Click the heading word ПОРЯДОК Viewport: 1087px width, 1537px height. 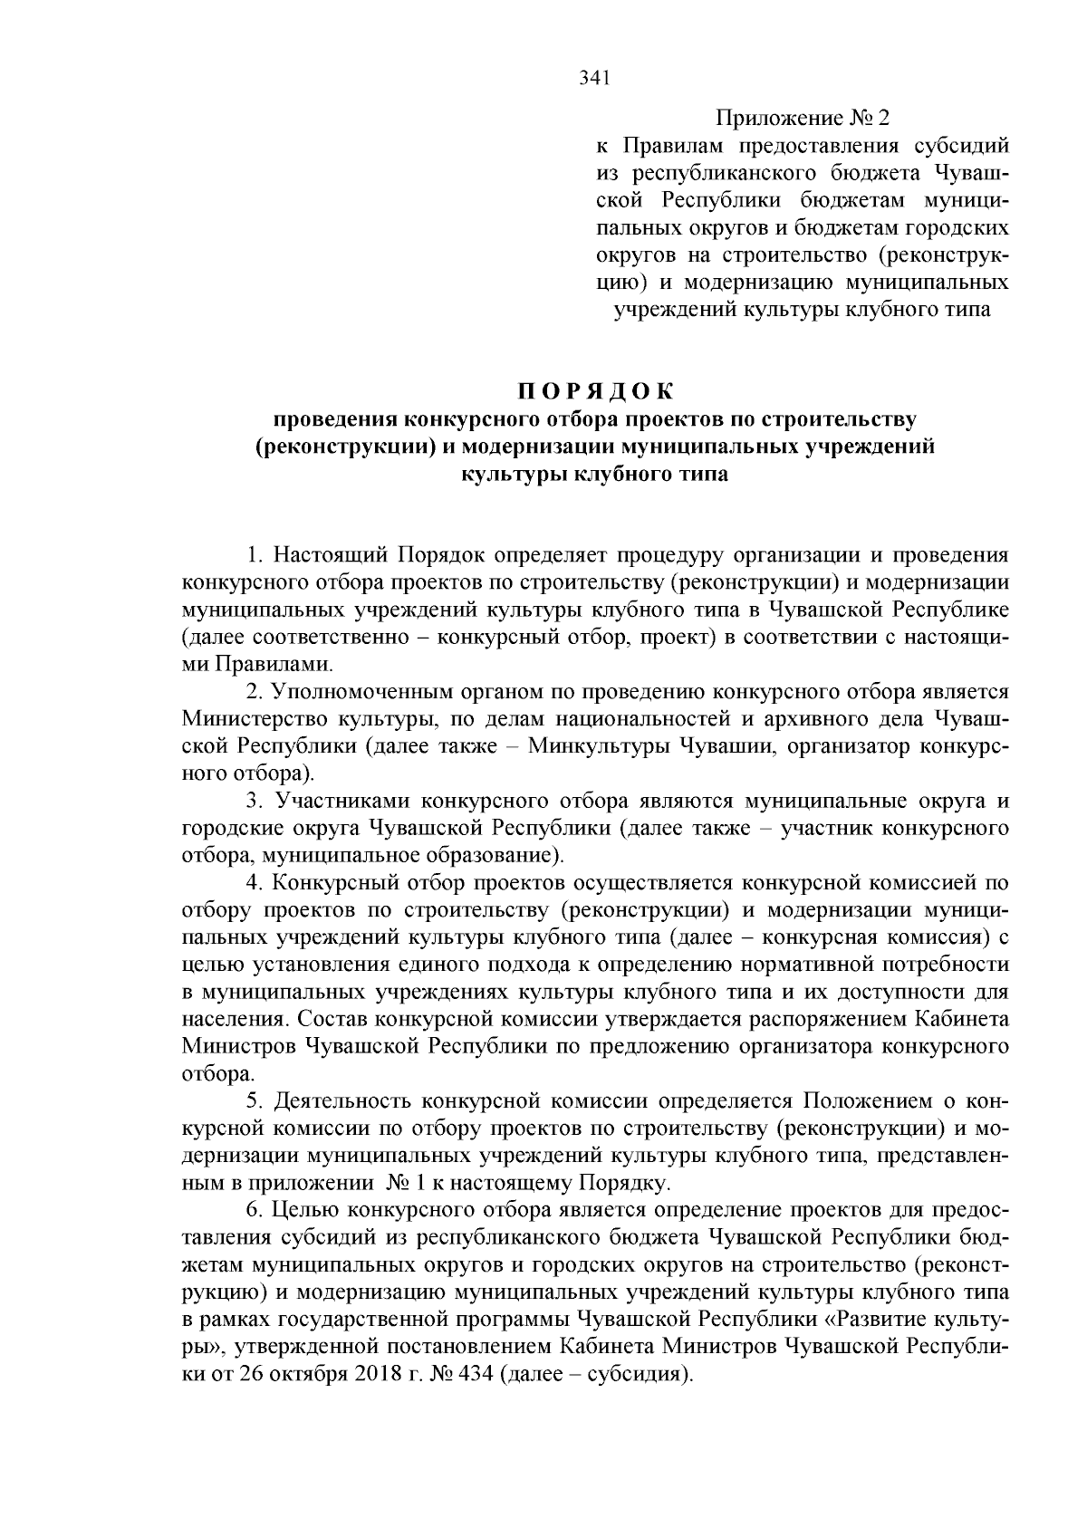tap(595, 391)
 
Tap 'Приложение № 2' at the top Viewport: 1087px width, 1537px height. tap(803, 119)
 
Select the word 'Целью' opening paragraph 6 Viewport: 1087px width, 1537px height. tap(306, 1210)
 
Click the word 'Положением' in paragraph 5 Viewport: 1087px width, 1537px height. tap(865, 1101)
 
